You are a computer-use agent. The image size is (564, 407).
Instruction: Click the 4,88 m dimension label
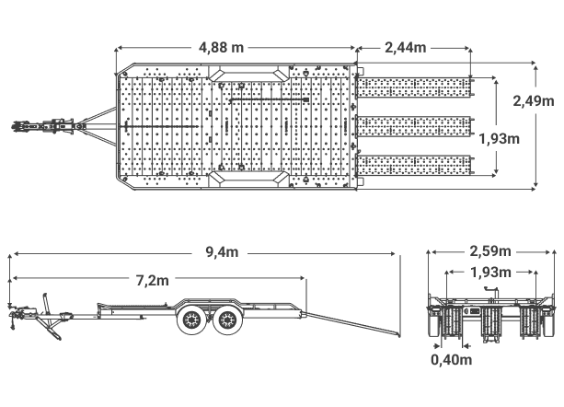click(221, 47)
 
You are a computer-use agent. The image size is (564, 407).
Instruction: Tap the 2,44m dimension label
click(406, 47)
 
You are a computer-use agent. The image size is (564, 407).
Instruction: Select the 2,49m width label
click(534, 101)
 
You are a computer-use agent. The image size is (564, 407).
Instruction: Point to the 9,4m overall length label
click(222, 252)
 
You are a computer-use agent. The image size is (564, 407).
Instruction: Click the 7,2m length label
click(152, 280)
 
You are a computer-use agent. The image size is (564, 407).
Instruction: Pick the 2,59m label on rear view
click(490, 251)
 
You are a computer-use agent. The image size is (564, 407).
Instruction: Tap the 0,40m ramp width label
click(452, 359)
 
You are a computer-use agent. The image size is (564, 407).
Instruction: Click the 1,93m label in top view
click(500, 138)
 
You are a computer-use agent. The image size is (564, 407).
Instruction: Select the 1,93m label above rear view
click(490, 273)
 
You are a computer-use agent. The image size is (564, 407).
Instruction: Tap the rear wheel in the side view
click(227, 319)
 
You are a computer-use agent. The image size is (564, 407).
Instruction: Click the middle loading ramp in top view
click(414, 126)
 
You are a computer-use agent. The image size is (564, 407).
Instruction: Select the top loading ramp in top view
click(414, 87)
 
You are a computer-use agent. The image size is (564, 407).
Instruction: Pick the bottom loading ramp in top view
click(414, 166)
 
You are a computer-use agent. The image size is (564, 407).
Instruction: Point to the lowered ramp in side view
click(352, 325)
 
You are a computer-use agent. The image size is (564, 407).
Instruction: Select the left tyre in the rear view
click(434, 321)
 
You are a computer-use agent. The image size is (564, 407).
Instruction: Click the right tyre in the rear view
click(548, 321)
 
